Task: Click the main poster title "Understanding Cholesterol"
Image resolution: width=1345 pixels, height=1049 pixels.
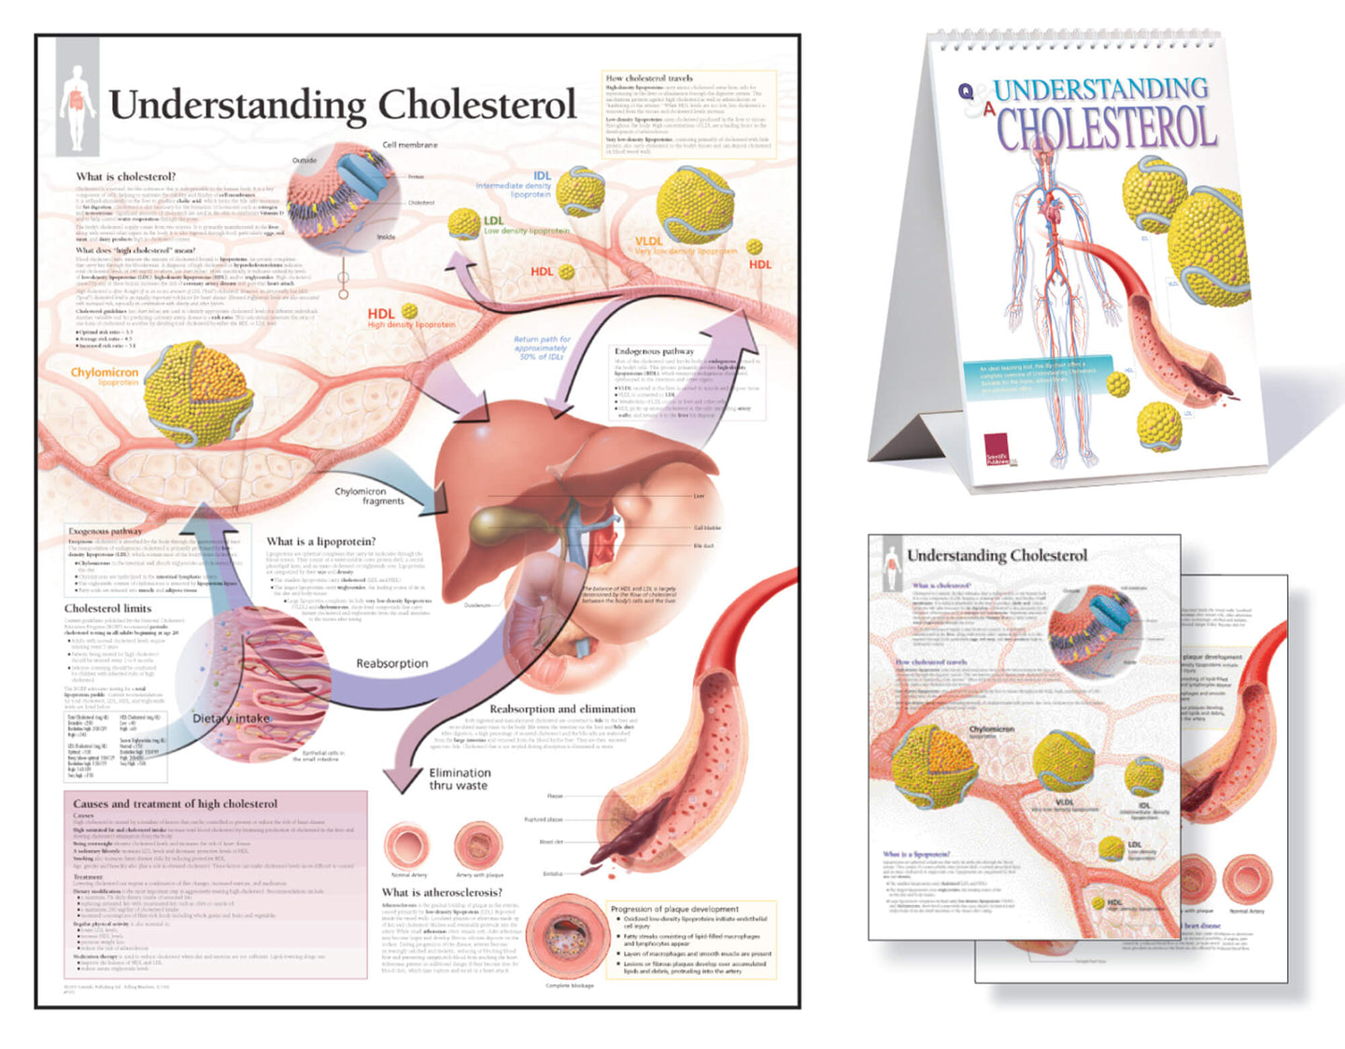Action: point(342,105)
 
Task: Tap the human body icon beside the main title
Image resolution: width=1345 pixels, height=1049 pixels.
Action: point(78,108)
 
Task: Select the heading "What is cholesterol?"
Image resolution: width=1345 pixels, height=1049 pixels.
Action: point(125,177)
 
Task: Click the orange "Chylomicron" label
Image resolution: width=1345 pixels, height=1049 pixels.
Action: point(105,372)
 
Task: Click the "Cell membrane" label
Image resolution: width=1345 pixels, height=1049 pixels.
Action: point(410,145)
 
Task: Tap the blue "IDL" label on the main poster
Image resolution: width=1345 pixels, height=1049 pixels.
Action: point(543,175)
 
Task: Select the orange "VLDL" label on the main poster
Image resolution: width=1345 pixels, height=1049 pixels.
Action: point(649,240)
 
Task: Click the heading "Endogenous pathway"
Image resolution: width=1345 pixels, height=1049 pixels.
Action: point(654,351)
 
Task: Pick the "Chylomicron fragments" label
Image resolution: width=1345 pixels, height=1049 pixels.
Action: point(369,496)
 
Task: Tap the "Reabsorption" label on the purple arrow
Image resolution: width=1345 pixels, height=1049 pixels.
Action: point(391,663)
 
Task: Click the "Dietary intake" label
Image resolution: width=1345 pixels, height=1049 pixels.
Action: point(231,718)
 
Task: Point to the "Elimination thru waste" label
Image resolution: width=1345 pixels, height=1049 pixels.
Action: point(460,779)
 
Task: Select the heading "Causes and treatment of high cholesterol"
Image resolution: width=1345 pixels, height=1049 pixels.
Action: point(175,803)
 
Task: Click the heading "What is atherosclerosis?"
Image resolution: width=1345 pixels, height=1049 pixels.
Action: point(442,892)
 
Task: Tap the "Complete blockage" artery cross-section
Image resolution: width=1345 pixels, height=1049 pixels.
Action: point(569,937)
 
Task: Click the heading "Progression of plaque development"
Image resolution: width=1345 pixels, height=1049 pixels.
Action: point(674,909)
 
